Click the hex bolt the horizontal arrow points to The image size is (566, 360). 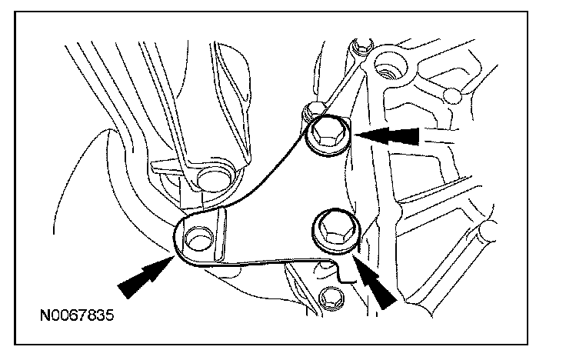(x=327, y=137)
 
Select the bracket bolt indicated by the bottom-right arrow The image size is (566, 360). (x=332, y=229)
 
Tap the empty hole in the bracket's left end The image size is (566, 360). (x=198, y=238)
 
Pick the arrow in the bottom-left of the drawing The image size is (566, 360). (x=144, y=277)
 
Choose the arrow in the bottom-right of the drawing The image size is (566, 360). (x=375, y=282)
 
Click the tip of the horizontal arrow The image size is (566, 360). (x=355, y=136)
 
